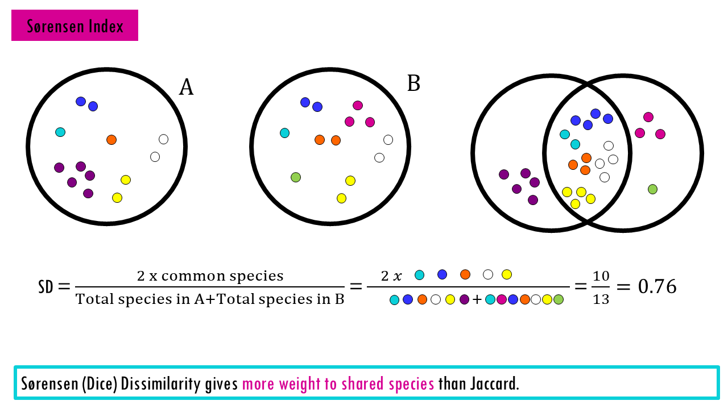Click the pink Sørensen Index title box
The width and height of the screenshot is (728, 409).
click(75, 26)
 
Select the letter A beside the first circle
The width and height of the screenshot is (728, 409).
click(186, 87)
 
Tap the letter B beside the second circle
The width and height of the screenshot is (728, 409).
click(413, 84)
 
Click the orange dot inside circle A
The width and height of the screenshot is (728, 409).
click(111, 140)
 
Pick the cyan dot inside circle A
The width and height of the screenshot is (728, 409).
click(60, 132)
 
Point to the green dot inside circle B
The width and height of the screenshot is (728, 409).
click(296, 177)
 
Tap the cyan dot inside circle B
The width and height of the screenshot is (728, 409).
click(285, 133)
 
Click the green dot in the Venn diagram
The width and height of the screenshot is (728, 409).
click(652, 189)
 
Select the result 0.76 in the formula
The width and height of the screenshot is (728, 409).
click(657, 287)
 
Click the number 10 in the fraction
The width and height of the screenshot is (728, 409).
click(601, 277)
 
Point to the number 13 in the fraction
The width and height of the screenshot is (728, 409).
click(601, 299)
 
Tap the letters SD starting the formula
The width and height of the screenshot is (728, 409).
click(45, 287)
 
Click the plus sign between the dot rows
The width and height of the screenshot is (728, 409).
click(477, 300)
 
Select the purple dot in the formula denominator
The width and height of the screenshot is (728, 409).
click(464, 300)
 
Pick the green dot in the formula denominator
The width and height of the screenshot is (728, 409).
click(559, 300)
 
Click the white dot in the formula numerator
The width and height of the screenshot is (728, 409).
click(488, 275)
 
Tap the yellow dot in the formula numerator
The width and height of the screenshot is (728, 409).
click(507, 275)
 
